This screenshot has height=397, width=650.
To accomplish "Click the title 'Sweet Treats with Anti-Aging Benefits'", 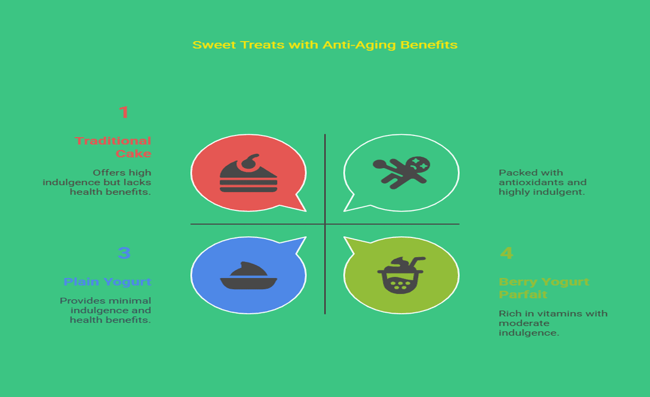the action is pyautogui.click(x=325, y=45).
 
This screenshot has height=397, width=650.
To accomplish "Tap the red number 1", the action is pyautogui.click(x=124, y=112).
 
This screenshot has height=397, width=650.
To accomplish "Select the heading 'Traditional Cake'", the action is pyautogui.click(x=113, y=147).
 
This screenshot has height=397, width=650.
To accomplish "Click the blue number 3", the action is pyautogui.click(x=124, y=253).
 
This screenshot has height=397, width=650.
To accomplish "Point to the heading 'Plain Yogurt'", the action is pyautogui.click(x=107, y=282).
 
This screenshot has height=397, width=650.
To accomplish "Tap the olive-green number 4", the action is pyautogui.click(x=506, y=253).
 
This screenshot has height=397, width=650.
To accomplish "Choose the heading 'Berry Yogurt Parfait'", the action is pyautogui.click(x=544, y=288).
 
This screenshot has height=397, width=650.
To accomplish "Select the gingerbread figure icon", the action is pyautogui.click(x=401, y=172).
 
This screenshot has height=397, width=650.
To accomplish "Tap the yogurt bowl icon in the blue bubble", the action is pyautogui.click(x=248, y=276).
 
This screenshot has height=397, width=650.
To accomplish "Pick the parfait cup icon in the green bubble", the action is pyautogui.click(x=401, y=275).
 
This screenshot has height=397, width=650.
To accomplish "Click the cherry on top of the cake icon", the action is pyautogui.click(x=251, y=162).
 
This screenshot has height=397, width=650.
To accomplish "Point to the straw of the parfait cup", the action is pyautogui.click(x=416, y=263).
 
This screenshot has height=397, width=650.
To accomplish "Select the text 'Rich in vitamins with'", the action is pyautogui.click(x=553, y=314).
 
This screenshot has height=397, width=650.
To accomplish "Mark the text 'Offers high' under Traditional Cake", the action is pyautogui.click(x=122, y=173).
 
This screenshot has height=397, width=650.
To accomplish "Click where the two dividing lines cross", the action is pyautogui.click(x=325, y=224).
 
